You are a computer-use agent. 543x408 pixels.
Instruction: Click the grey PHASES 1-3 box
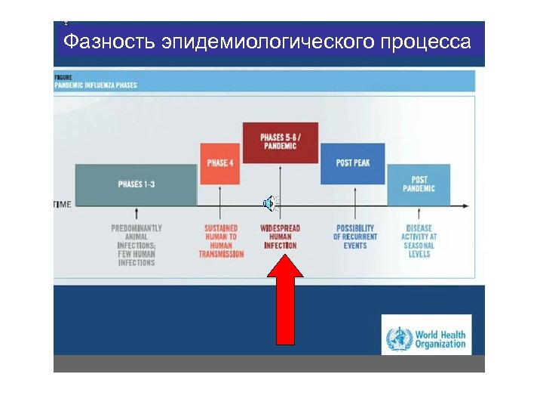pyautogui.click(x=136, y=184)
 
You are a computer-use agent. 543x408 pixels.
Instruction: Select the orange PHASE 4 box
pyautogui.click(x=219, y=163)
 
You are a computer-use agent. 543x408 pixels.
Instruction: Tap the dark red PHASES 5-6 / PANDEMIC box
pyautogui.click(x=280, y=141)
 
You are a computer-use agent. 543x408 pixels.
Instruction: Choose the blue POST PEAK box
pyautogui.click(x=352, y=163)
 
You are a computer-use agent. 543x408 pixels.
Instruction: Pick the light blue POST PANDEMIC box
pyautogui.click(x=419, y=184)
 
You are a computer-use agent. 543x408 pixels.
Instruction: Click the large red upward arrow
pyautogui.click(x=287, y=299)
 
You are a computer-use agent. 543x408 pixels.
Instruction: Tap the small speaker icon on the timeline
pyautogui.click(x=269, y=202)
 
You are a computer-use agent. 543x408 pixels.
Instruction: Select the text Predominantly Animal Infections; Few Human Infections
pyautogui.click(x=136, y=245)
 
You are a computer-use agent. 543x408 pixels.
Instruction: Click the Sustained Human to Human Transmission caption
pyautogui.click(x=221, y=241)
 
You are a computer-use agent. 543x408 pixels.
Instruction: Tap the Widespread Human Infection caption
pyautogui.click(x=280, y=236)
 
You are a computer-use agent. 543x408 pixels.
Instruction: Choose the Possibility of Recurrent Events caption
pyautogui.click(x=354, y=236)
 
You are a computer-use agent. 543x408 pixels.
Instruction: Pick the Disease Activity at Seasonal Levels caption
pyautogui.click(x=419, y=241)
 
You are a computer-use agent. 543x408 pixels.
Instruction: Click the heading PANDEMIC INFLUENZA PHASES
pyautogui.click(x=96, y=85)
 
